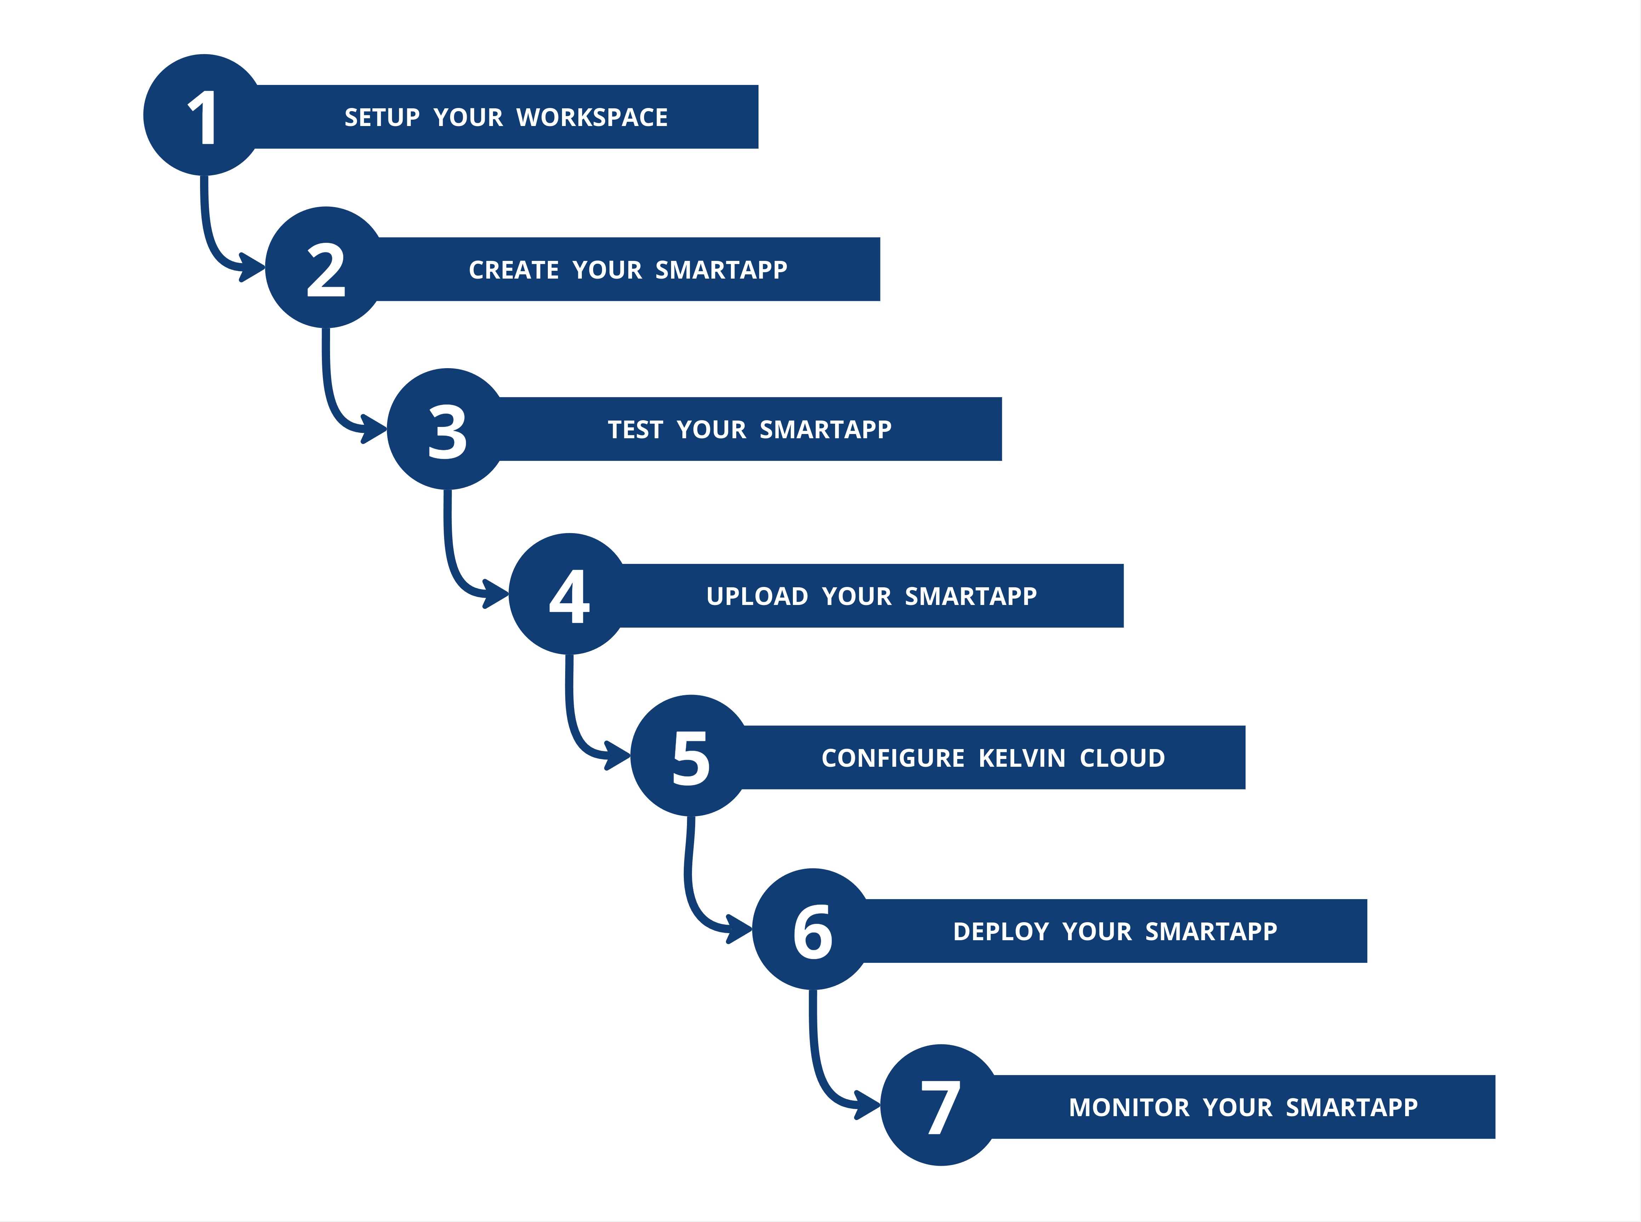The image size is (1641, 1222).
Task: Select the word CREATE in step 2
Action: pos(513,270)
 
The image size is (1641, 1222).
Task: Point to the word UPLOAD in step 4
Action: pos(757,596)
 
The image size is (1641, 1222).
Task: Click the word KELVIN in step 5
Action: pos(1022,758)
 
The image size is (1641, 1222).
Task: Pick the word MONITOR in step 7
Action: pos(1128,1107)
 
